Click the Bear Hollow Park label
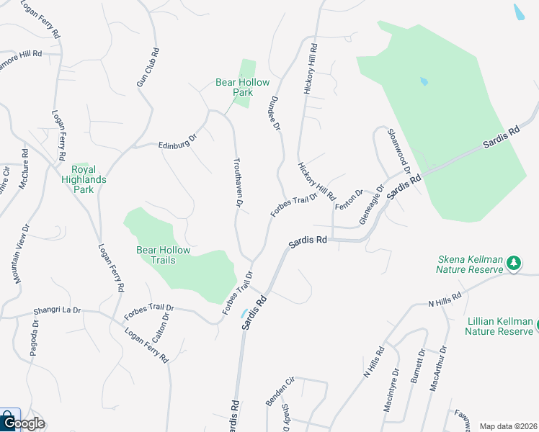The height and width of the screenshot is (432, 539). click(x=234, y=87)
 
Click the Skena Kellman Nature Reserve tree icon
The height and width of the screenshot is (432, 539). click(x=514, y=264)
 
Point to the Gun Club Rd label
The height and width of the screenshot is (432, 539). click(x=148, y=69)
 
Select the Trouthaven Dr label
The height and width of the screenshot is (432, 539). click(x=237, y=182)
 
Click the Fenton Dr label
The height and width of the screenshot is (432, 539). click(x=354, y=197)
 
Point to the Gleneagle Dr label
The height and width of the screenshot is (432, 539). click(x=372, y=205)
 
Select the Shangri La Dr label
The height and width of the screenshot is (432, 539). click(x=57, y=311)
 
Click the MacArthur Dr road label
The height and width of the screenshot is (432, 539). click(x=438, y=368)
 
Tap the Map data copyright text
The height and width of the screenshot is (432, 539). click(x=509, y=426)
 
